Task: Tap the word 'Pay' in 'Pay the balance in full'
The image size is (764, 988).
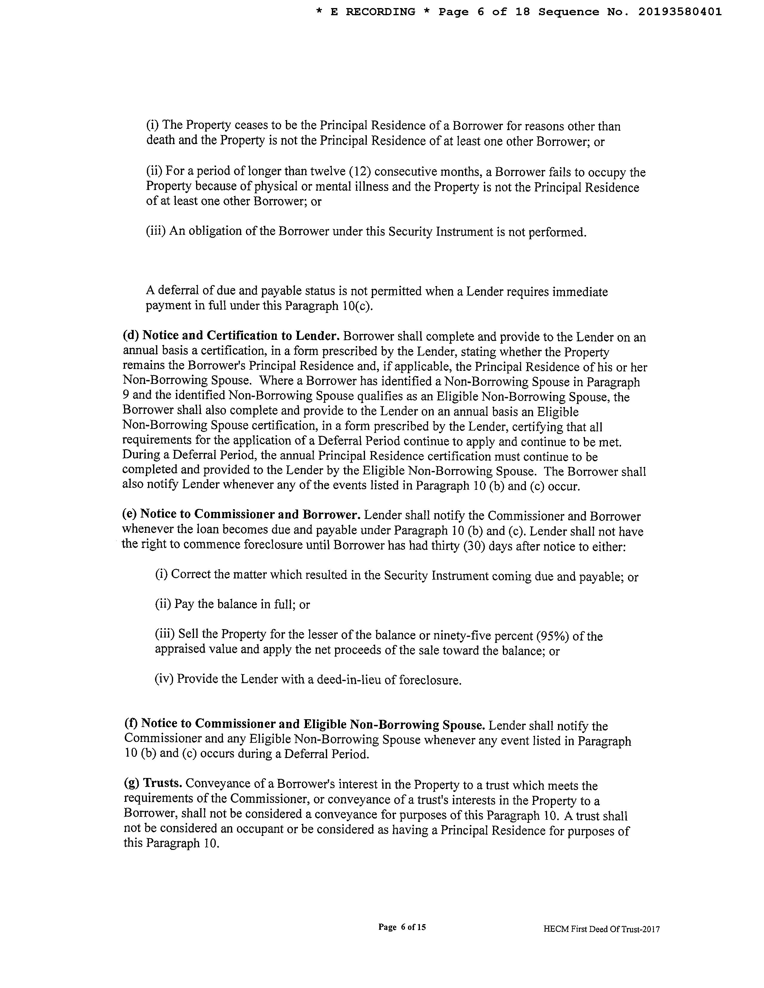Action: tap(184, 604)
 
